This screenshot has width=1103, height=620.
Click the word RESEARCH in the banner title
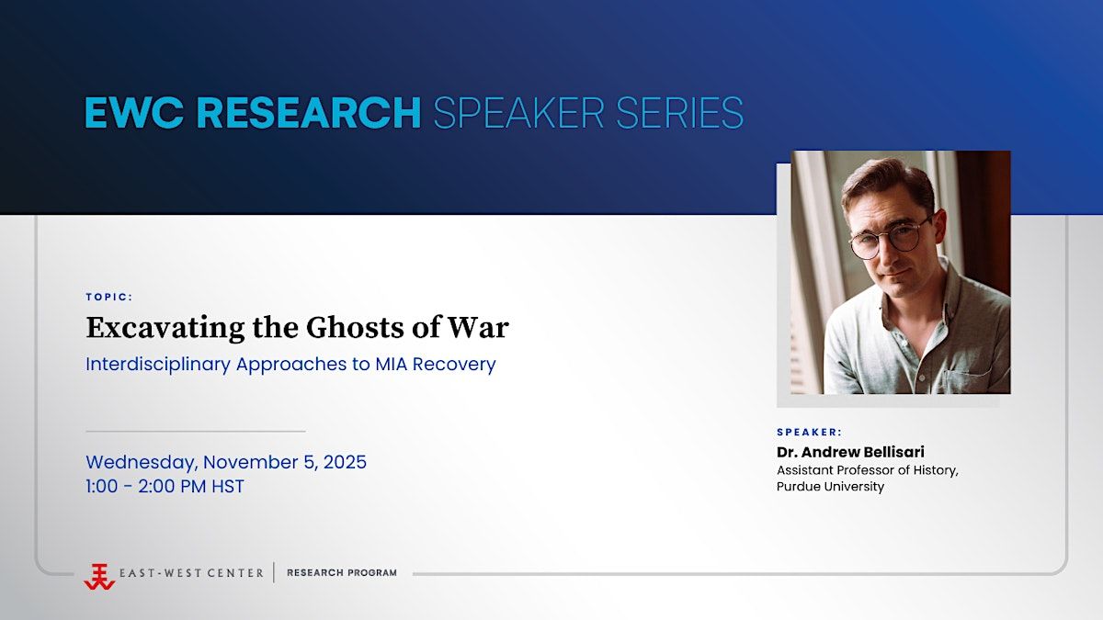308,113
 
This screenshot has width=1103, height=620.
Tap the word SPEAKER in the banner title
518,113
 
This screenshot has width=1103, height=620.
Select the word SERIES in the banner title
679,113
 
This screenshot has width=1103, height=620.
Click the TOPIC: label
109,297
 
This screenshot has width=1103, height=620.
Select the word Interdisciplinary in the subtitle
158,365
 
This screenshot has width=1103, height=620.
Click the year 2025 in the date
345,462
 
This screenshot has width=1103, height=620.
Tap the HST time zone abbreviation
228,486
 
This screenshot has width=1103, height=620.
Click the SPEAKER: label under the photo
810,432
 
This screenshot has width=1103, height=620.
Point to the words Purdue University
830,487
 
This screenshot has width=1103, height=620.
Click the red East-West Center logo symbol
99,577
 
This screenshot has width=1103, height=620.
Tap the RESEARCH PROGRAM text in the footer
342,573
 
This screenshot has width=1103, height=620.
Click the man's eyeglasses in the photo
893,238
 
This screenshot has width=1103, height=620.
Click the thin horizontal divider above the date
196,432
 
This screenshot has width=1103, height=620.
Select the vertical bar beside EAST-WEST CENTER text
274,573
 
